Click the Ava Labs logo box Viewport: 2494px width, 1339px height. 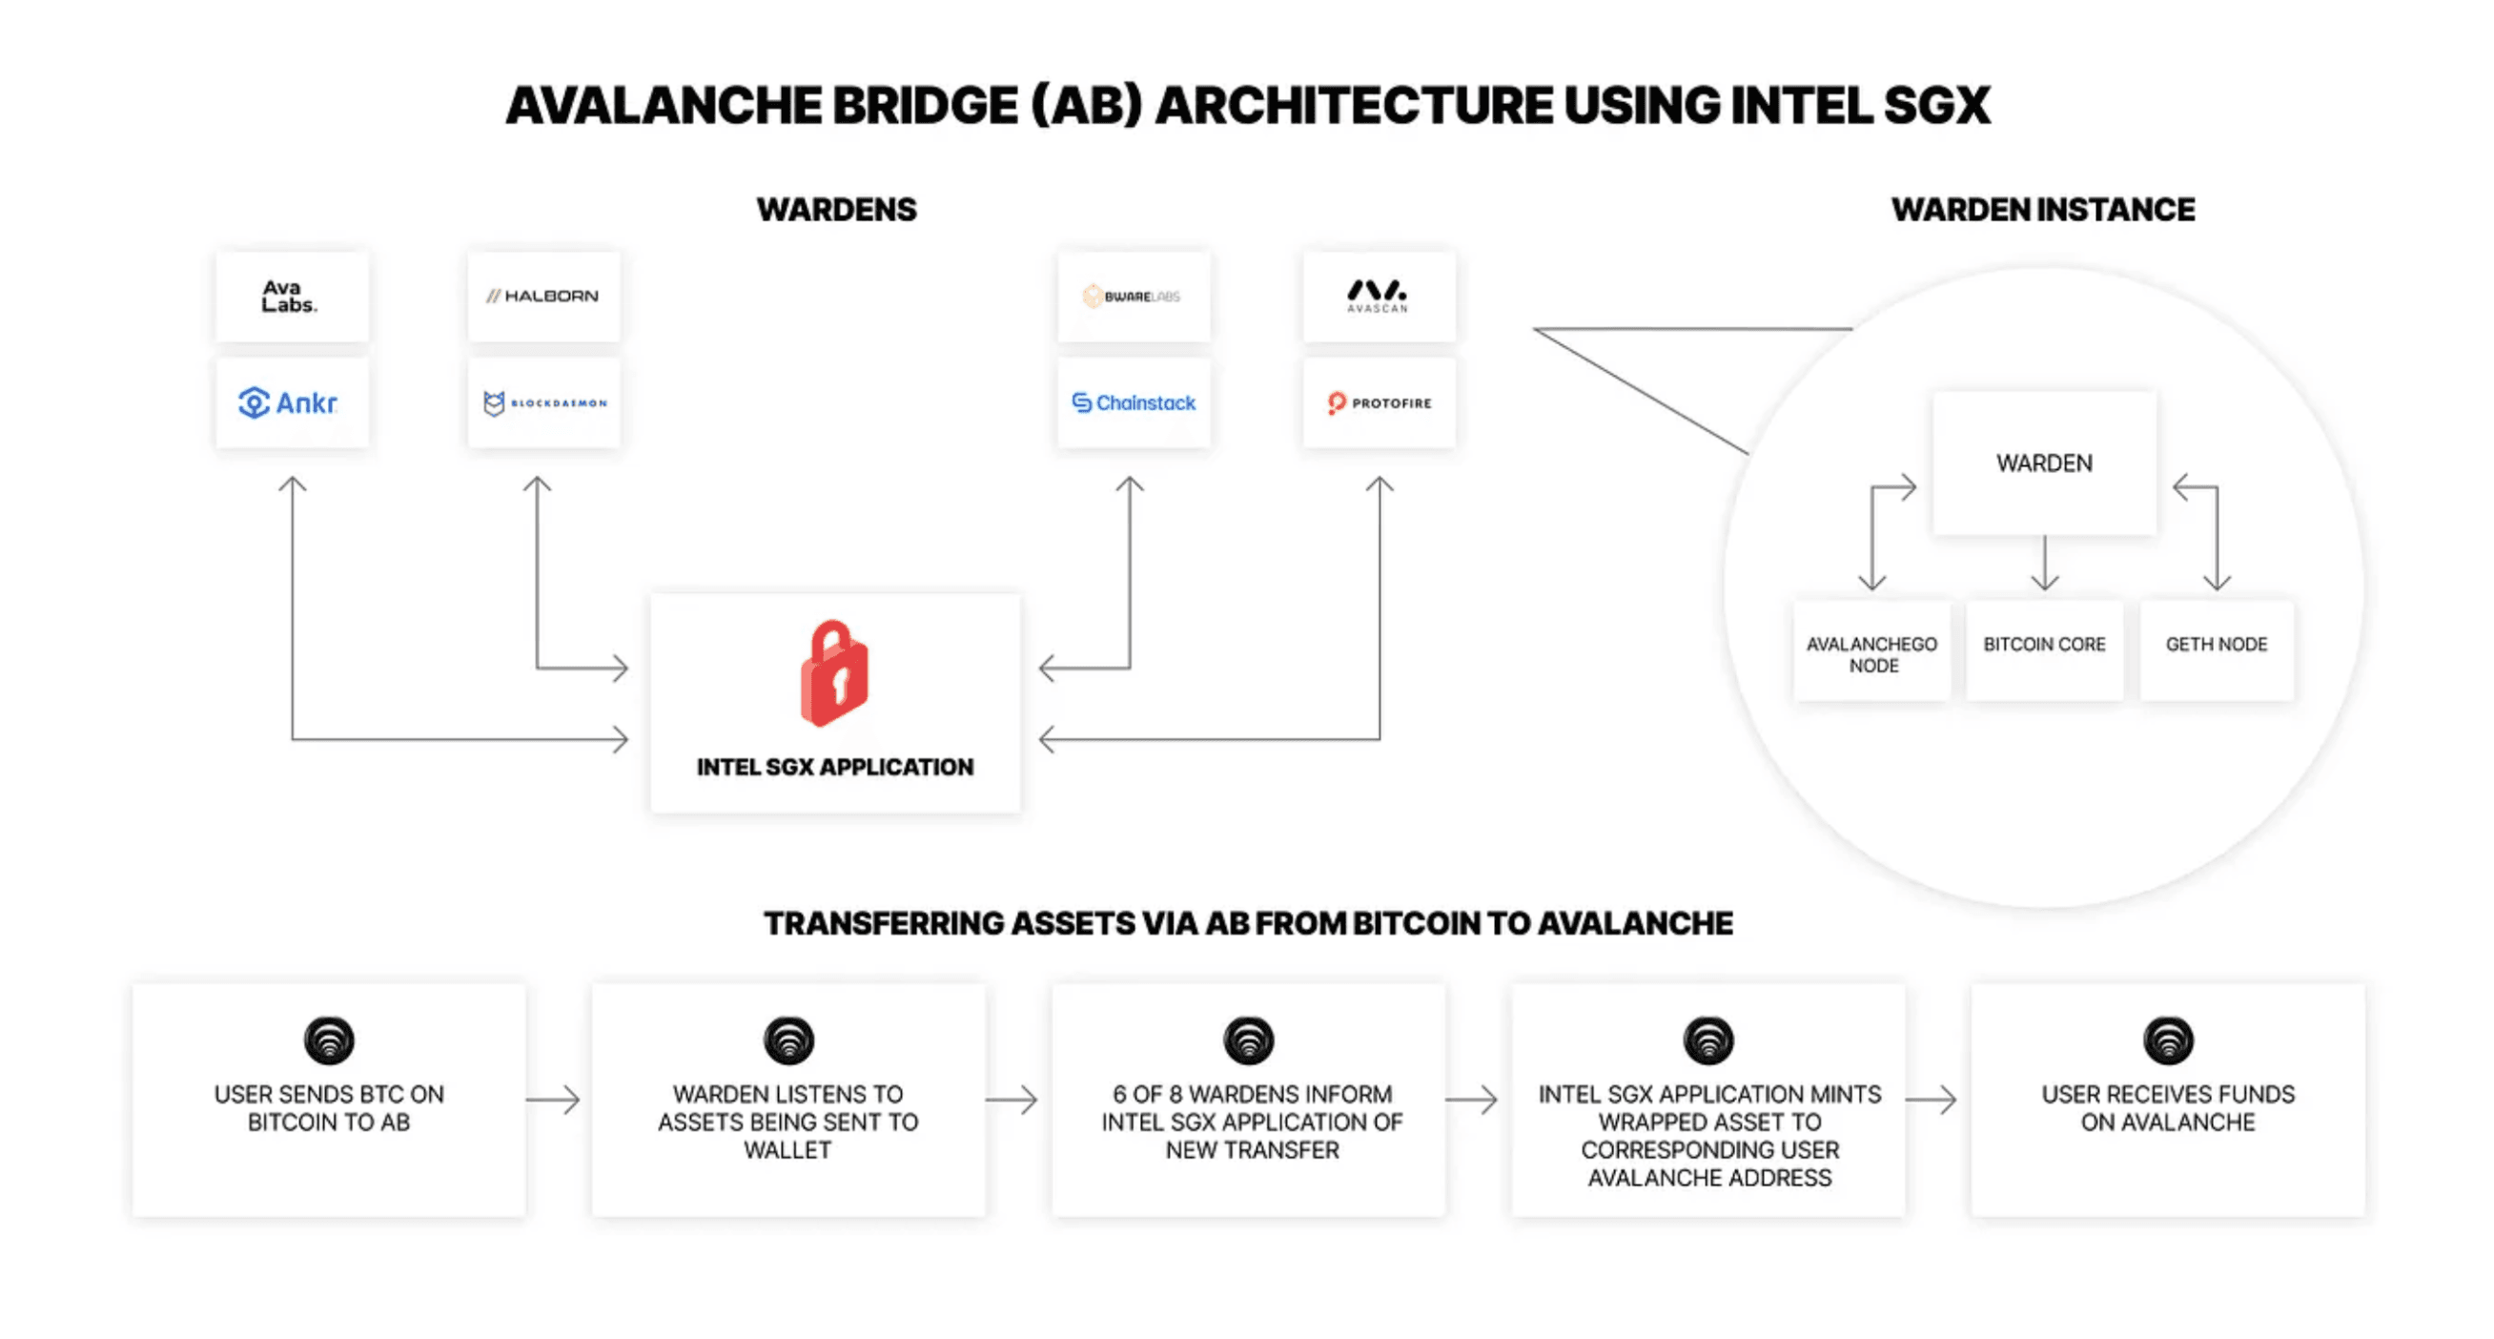[291, 297]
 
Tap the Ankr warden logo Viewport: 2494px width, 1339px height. [291, 402]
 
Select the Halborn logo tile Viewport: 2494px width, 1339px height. [543, 297]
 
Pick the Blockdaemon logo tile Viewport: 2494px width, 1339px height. [543, 402]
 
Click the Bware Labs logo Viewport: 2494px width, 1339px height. [1133, 297]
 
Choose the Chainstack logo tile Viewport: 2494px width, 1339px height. [1133, 402]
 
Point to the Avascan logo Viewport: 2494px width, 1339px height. [1378, 297]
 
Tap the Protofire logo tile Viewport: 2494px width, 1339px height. [1379, 402]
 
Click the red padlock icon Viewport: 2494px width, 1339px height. [834, 674]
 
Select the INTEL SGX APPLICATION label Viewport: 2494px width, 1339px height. [834, 767]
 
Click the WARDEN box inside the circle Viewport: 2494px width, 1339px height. [2044, 463]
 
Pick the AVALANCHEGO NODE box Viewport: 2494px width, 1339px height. [1871, 653]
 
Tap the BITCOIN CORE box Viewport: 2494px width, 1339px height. [2044, 645]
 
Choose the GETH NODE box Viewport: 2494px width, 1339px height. [2217, 645]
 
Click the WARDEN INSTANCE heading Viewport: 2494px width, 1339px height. [2043, 209]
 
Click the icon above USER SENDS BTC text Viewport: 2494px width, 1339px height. [329, 1040]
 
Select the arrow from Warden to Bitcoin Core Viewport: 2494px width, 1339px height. [2045, 564]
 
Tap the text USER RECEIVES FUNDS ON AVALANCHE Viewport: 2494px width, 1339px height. [2168, 1107]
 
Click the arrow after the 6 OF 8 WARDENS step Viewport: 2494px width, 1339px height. [1472, 1100]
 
